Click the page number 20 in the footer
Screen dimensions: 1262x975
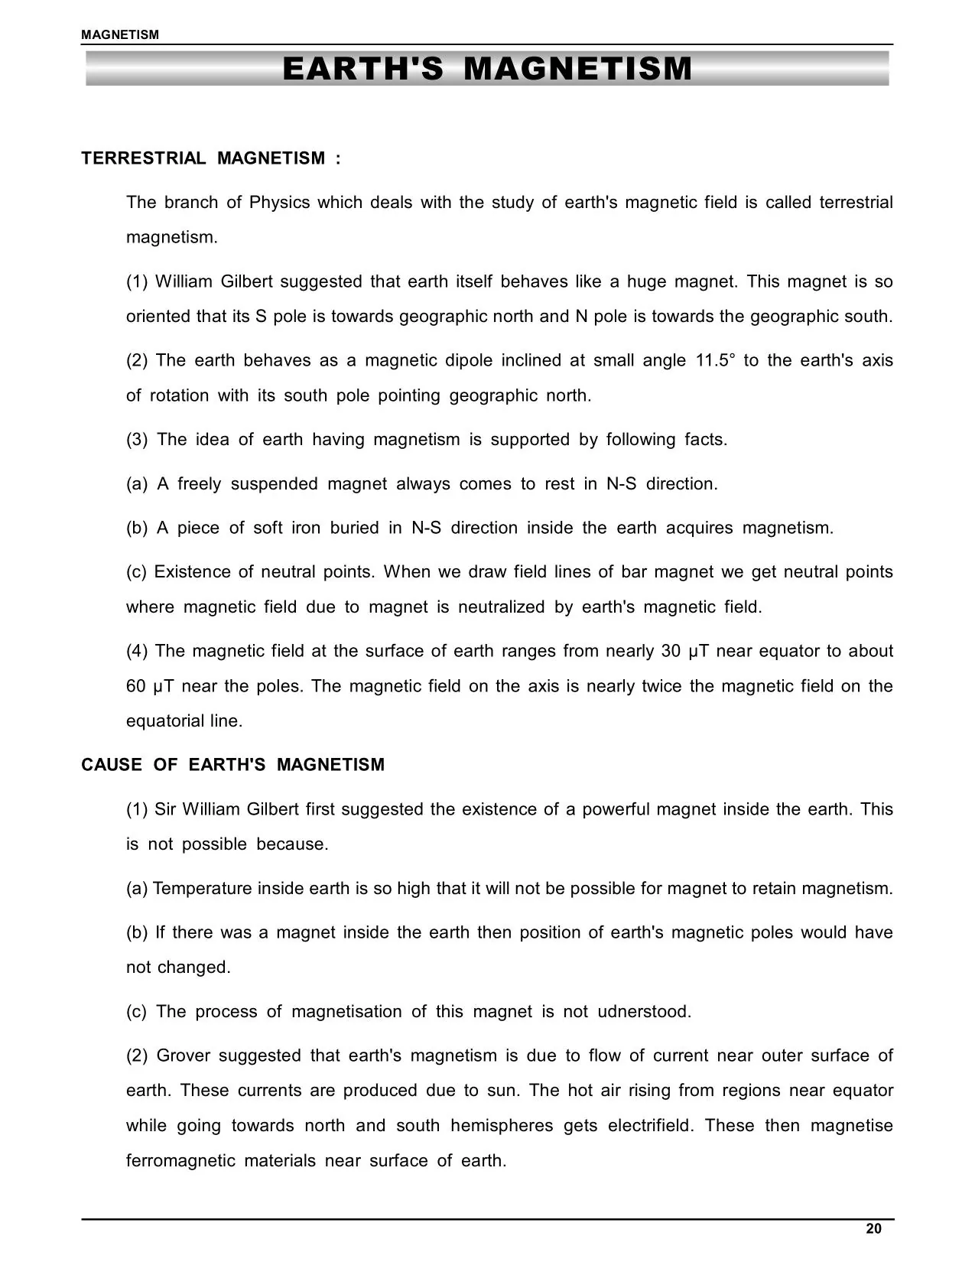point(873,1228)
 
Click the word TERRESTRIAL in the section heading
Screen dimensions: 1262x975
point(144,158)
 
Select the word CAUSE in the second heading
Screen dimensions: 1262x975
point(112,765)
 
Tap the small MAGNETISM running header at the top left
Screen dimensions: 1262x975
point(120,34)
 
